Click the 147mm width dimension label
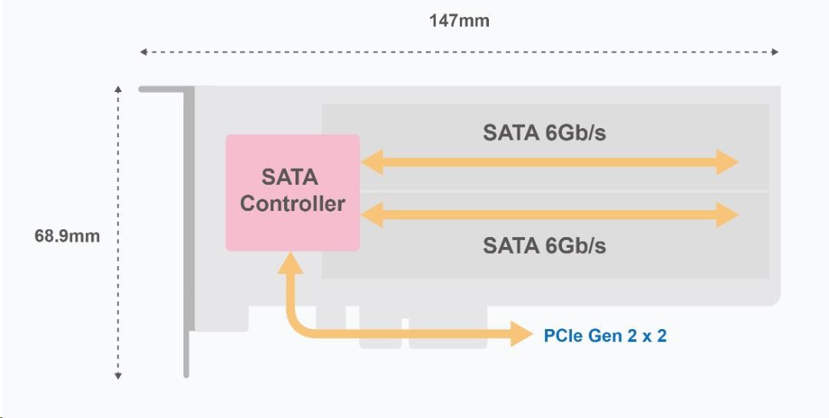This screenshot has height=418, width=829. coord(458,21)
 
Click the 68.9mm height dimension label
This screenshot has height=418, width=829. coord(67,235)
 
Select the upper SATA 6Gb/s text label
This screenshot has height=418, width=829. coord(544,133)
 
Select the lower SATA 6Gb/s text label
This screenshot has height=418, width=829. coord(544,245)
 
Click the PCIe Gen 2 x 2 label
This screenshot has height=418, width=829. coord(605,335)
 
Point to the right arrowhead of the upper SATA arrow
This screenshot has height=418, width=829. coord(727,163)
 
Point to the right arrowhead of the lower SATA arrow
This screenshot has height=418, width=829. coord(727,216)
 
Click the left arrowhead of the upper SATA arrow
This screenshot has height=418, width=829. coord(372,163)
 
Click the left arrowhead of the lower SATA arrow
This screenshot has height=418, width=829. coord(372,216)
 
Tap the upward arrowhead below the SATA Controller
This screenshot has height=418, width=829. coord(290,263)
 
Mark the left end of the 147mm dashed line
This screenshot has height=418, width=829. coord(143,52)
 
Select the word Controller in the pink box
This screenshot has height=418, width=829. coord(292,204)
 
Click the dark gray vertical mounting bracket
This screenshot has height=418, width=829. coord(187,230)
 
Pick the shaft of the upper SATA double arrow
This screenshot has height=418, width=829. coord(549,163)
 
